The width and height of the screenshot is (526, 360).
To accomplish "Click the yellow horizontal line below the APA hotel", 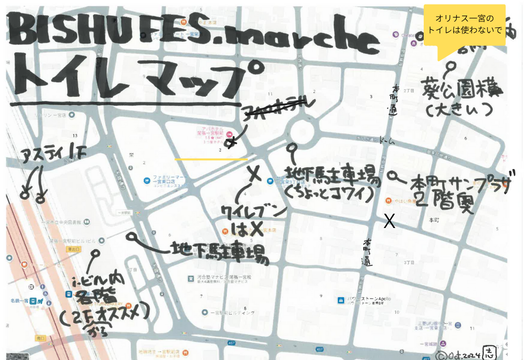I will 211,159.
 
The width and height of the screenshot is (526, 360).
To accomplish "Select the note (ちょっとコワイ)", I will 331,194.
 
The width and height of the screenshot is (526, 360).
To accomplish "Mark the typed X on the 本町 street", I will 389,221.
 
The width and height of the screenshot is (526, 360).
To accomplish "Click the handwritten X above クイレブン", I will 254,173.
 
